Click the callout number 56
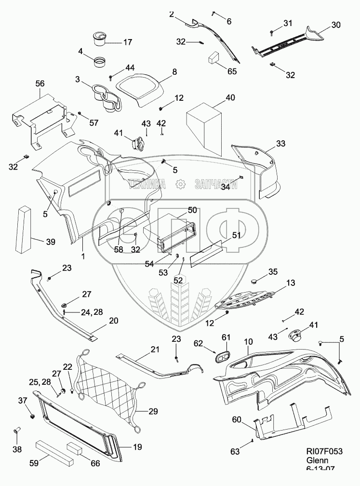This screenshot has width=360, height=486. tap(40, 84)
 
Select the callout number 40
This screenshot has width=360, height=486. tap(230, 98)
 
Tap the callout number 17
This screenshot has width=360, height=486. tap(127, 42)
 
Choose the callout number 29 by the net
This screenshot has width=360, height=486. tap(153, 411)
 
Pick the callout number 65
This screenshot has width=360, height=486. tap(232, 71)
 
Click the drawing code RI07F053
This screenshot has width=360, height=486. tap(324, 451)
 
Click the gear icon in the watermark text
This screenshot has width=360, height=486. tap(180, 184)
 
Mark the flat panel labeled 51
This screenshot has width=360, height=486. tap(206, 253)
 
